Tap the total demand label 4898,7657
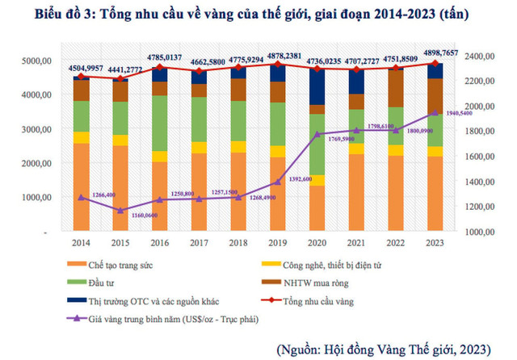pos(436,52)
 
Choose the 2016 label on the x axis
pos(160,241)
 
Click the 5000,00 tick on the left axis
pos(38,61)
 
